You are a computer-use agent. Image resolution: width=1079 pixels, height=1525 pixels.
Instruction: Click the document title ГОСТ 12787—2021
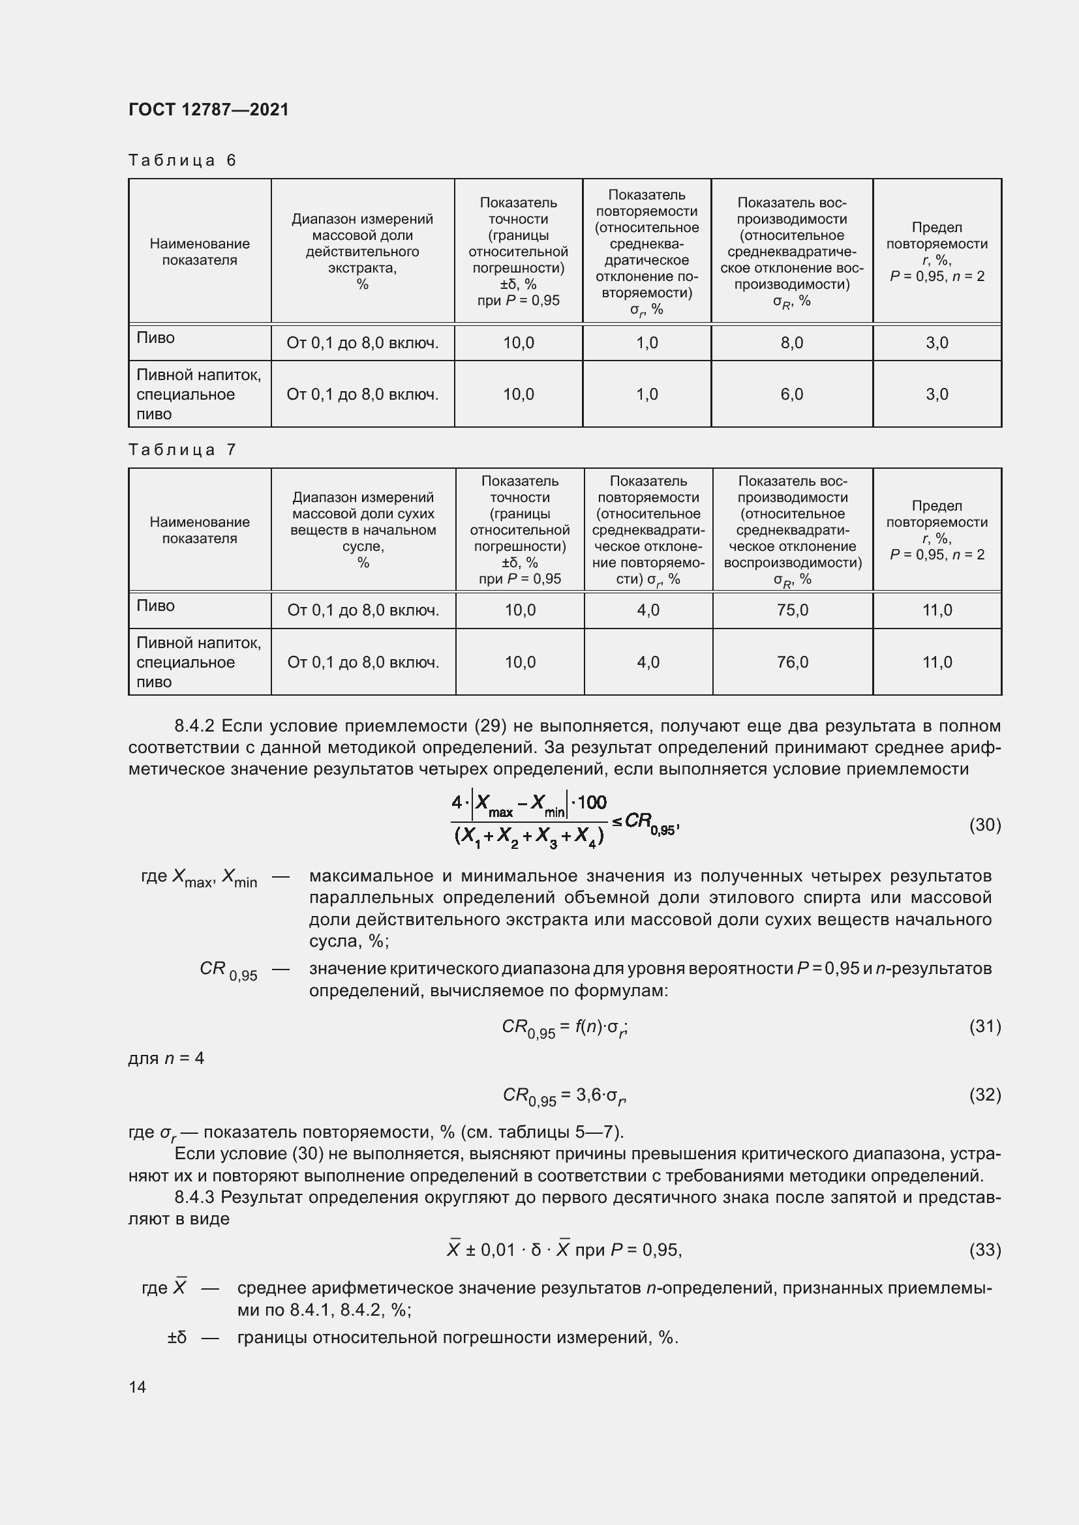tap(209, 110)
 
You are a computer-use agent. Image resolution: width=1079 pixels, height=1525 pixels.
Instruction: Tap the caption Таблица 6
tap(182, 160)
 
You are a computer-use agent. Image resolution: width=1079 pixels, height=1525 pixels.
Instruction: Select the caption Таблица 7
tap(182, 450)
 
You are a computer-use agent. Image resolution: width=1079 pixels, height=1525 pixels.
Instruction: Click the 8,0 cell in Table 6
tap(791, 343)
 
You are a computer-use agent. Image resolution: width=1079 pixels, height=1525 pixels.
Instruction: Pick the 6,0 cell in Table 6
tap(791, 394)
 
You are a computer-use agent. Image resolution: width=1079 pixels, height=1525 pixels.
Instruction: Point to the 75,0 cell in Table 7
tap(792, 610)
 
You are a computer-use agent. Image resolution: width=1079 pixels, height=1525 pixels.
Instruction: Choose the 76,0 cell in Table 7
tap(792, 662)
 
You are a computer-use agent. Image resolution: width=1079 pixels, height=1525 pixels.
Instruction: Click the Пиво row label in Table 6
tap(155, 338)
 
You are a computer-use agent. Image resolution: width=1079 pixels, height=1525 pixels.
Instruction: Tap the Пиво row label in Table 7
tap(155, 605)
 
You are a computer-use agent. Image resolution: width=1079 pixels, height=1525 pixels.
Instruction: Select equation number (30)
tap(984, 824)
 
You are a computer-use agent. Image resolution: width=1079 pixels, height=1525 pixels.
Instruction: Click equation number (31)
tap(984, 1026)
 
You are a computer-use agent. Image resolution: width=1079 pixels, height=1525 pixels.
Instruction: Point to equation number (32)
tap(984, 1094)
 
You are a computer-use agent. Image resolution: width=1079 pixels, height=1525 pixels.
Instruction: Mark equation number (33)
tap(984, 1249)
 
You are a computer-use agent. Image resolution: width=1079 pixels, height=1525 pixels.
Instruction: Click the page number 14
tap(138, 1387)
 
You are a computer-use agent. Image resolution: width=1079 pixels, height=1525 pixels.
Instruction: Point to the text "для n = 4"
tap(166, 1058)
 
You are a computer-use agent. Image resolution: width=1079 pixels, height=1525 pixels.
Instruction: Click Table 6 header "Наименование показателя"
tap(200, 252)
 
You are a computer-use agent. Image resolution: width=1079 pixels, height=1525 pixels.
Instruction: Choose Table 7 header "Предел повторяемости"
tap(937, 514)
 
